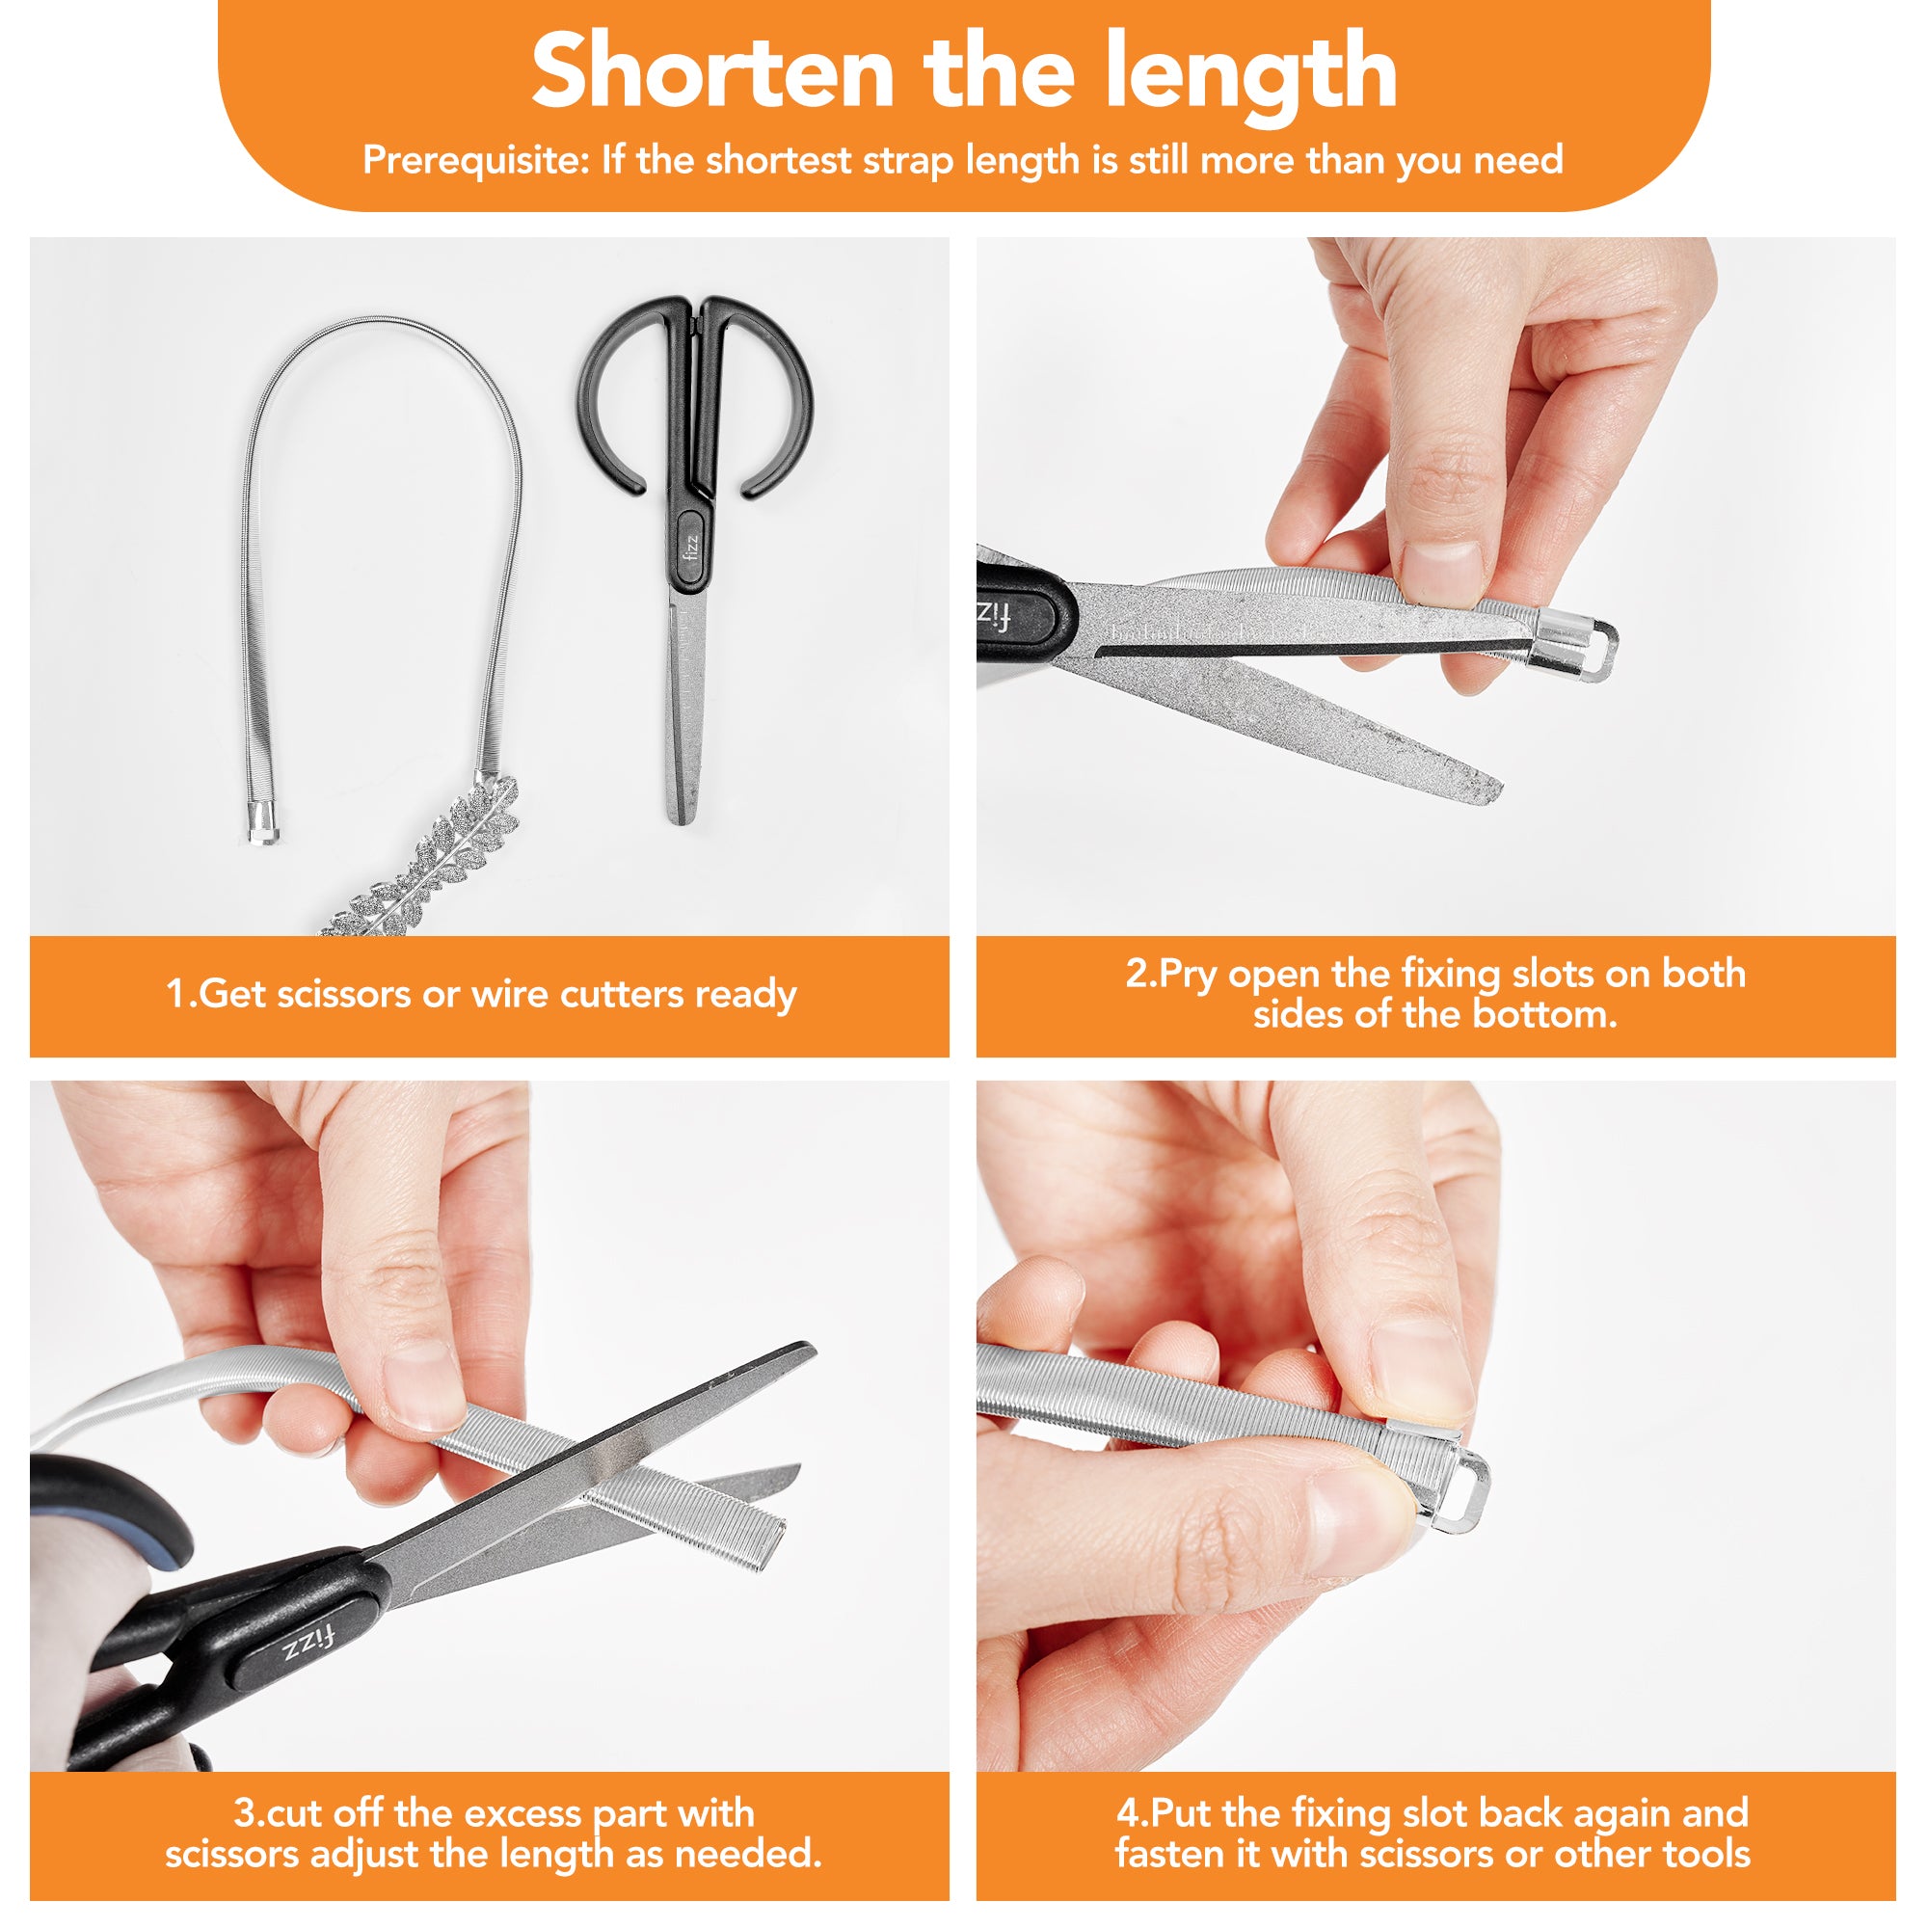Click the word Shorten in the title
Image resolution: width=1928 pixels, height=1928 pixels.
(x=712, y=72)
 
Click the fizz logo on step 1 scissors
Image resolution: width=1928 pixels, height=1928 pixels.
(x=691, y=548)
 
